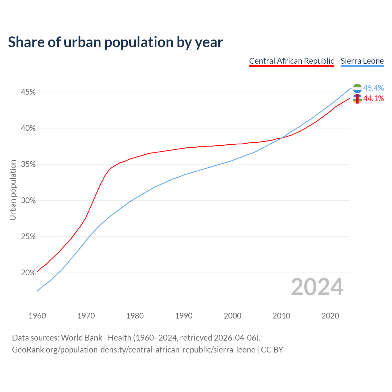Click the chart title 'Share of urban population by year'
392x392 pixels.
pyautogui.click(x=115, y=42)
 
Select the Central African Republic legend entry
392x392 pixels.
pyautogui.click(x=292, y=61)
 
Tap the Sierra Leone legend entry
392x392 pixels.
pyautogui.click(x=362, y=61)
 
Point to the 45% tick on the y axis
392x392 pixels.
pyautogui.click(x=28, y=92)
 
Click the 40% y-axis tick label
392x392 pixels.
pyautogui.click(x=28, y=128)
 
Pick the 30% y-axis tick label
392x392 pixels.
pyautogui.click(x=28, y=201)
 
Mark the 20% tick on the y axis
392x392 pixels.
pyautogui.click(x=28, y=273)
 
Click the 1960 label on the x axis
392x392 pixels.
pyautogui.click(x=37, y=316)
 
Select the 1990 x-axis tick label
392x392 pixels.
pyautogui.click(x=184, y=316)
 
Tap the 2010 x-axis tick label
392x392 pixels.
pyautogui.click(x=281, y=316)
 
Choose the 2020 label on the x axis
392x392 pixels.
pyautogui.click(x=330, y=316)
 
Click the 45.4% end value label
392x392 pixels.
pyautogui.click(x=373, y=88)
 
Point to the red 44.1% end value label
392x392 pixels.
pyautogui.click(x=373, y=98)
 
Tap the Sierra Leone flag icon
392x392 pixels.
pyautogui.click(x=357, y=89)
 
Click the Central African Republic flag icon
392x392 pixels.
pyautogui.click(x=357, y=99)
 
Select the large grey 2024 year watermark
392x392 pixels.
pyautogui.click(x=317, y=287)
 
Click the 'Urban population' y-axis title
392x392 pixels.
pyautogui.click(x=13, y=190)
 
